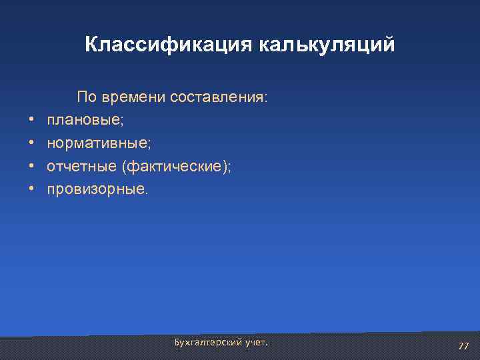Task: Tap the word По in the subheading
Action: point(87,97)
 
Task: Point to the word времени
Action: point(133,97)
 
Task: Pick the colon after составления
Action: point(266,99)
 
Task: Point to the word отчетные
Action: point(77,167)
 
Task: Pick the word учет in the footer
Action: point(255,342)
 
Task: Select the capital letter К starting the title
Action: point(91,45)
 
